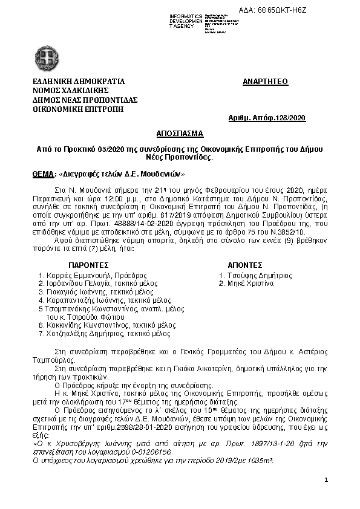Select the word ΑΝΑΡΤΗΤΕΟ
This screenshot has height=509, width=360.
(265, 81)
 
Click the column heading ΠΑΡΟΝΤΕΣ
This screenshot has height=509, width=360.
(88, 265)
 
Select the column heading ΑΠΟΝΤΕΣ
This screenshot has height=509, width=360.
(244, 265)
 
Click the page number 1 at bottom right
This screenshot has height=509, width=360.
(326, 480)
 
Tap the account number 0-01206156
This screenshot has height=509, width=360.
(148, 452)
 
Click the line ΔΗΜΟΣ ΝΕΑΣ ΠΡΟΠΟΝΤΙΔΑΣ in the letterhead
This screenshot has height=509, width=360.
(85, 100)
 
